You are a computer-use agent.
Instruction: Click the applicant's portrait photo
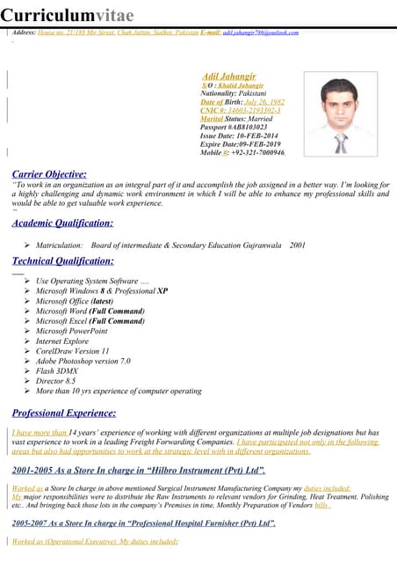point(340,113)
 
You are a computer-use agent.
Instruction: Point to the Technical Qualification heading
point(62,261)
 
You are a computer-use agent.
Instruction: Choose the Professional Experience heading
point(64,413)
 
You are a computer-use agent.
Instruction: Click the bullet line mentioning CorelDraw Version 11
point(72,350)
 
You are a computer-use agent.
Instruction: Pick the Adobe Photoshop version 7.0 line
point(83,361)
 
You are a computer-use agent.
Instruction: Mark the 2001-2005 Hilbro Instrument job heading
point(139,472)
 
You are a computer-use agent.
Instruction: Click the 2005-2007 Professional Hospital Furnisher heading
point(144,523)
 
